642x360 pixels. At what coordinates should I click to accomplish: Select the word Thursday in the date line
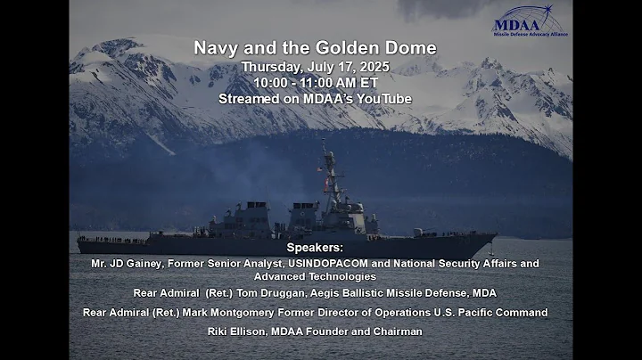[272, 67]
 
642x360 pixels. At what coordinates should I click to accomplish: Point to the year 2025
[374, 67]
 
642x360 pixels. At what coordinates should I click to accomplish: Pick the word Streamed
[249, 99]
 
